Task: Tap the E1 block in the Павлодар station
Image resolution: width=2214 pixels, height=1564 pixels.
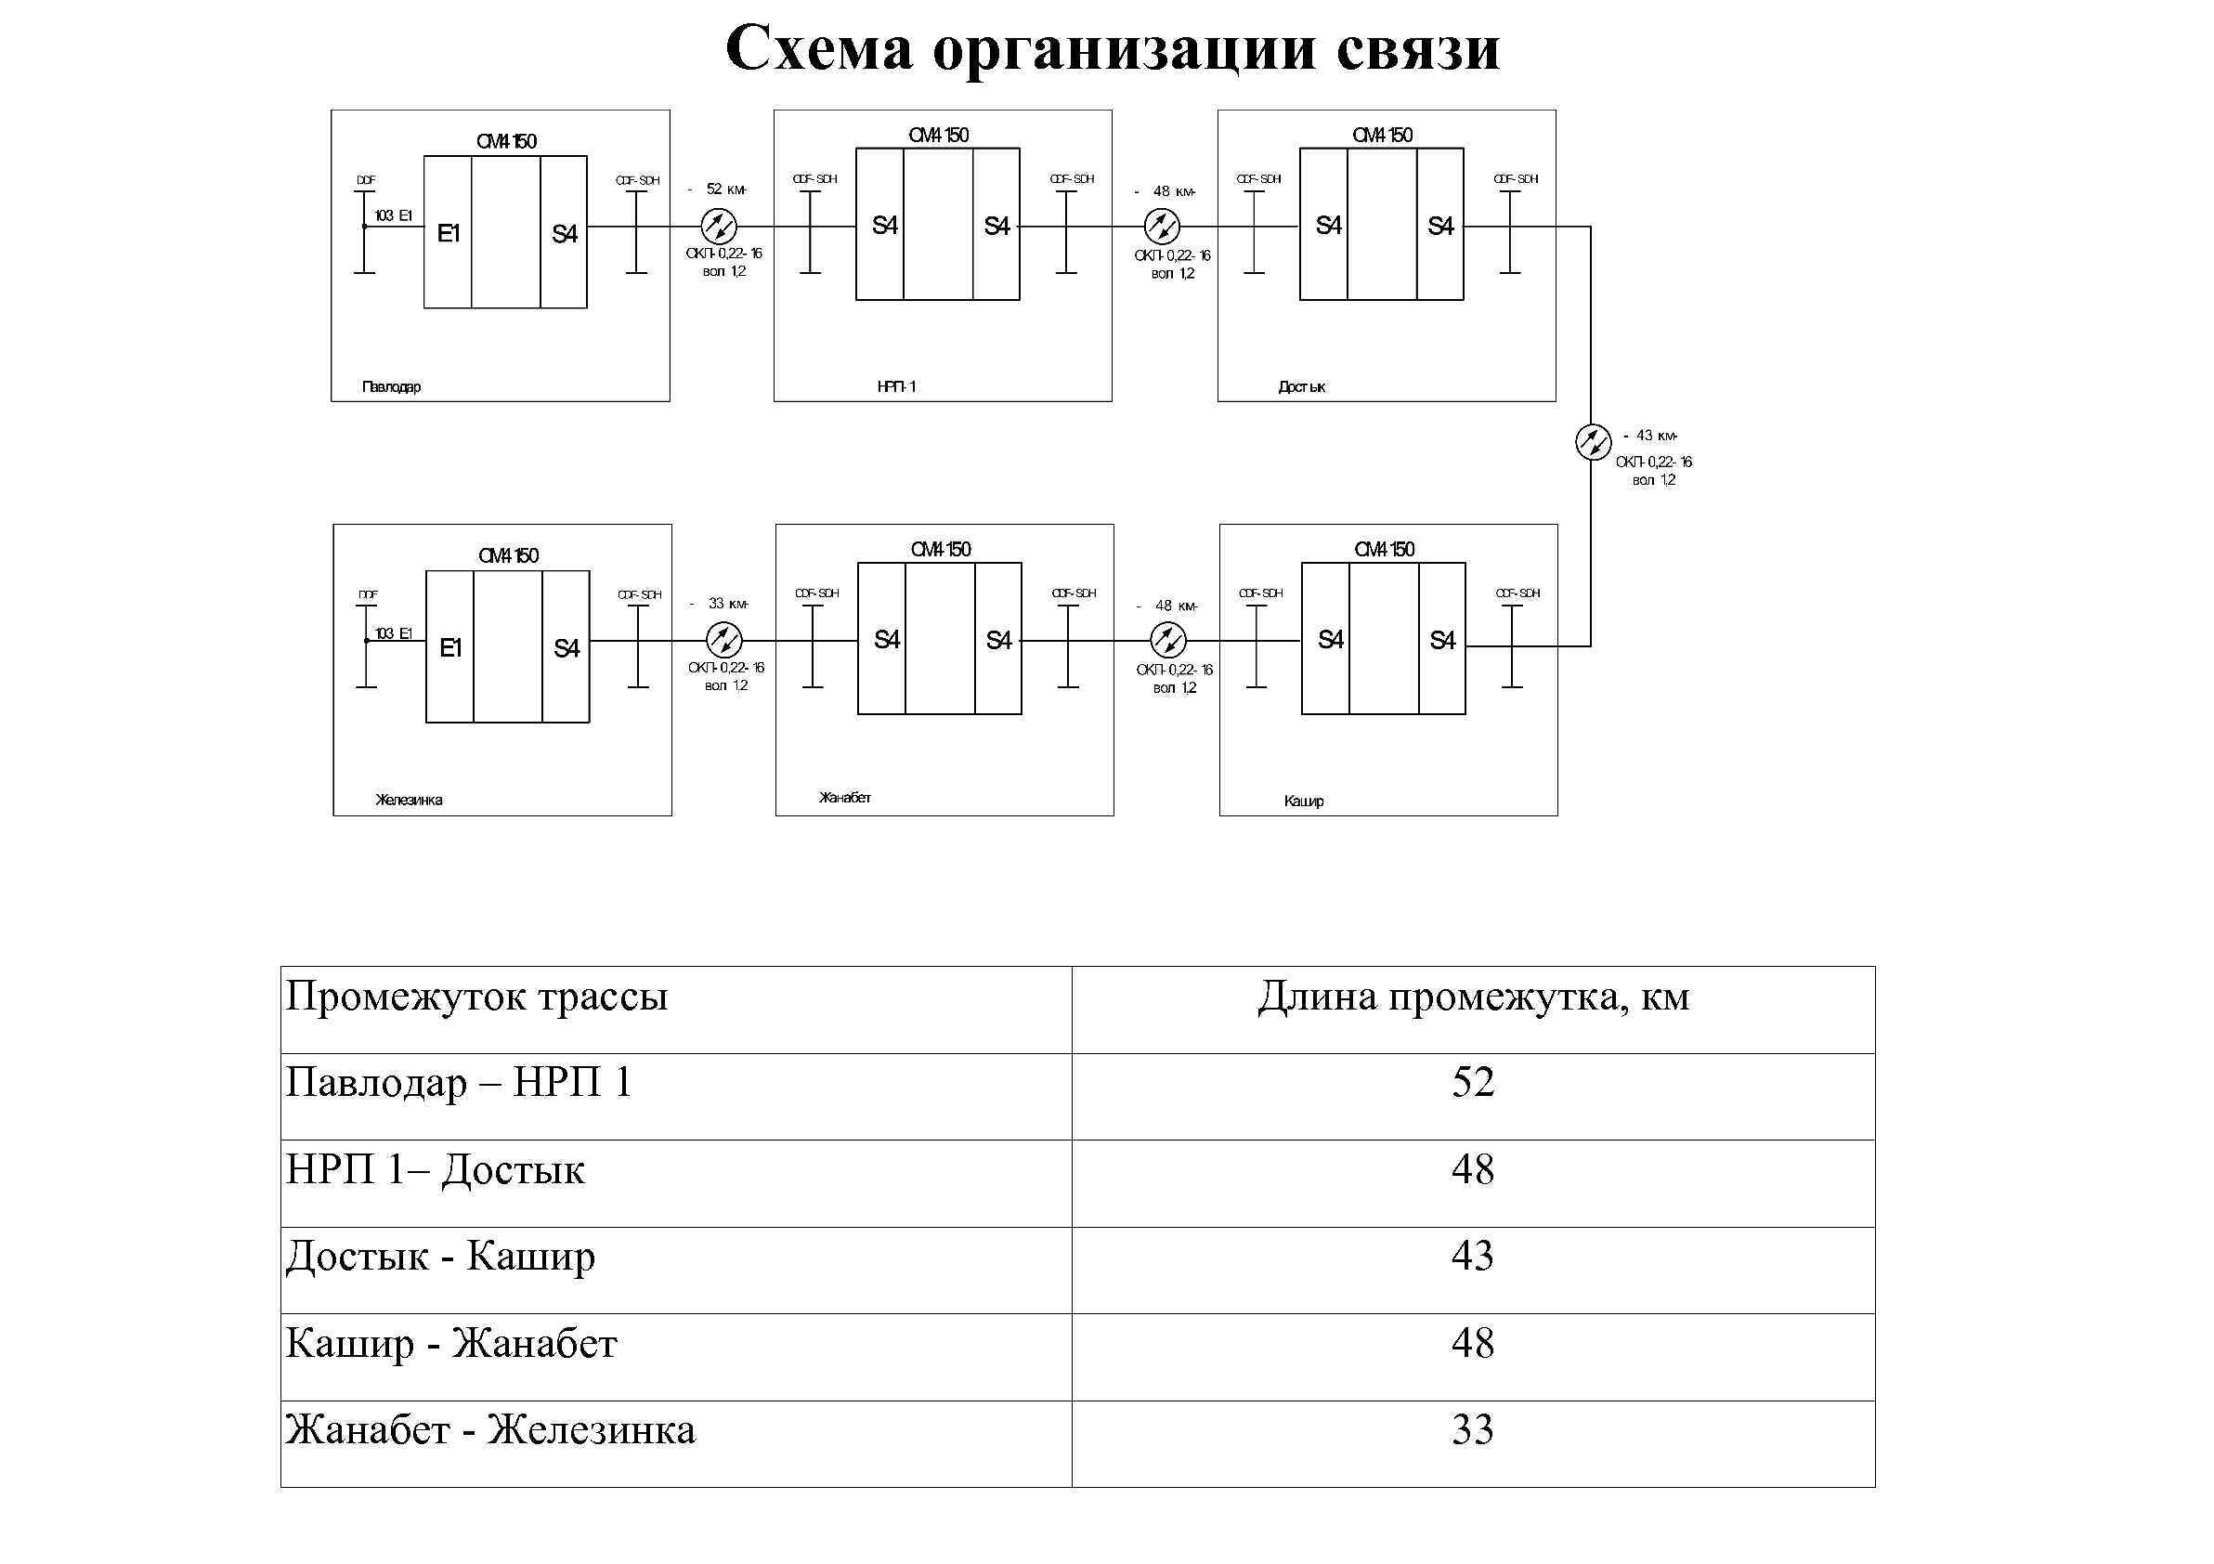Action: (x=449, y=233)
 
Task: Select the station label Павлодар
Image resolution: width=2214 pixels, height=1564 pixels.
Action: (x=391, y=386)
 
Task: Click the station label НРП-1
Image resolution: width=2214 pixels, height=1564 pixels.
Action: (x=896, y=386)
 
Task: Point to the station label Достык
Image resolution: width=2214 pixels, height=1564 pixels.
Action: (x=1302, y=386)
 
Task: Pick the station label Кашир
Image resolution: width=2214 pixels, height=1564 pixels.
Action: (x=1303, y=801)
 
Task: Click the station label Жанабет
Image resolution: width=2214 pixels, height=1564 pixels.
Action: (x=845, y=798)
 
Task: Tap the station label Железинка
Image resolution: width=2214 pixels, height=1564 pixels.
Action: (x=409, y=800)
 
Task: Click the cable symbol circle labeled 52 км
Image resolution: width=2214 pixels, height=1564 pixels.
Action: (x=720, y=227)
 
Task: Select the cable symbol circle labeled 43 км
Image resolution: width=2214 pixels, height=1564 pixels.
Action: (x=1592, y=442)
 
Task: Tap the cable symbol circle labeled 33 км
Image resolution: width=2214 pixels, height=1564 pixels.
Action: (x=723, y=640)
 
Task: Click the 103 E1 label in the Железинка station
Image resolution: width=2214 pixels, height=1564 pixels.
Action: (x=394, y=633)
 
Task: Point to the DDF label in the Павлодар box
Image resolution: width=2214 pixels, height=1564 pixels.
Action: (x=367, y=180)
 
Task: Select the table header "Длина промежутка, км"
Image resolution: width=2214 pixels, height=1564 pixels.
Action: (x=1473, y=996)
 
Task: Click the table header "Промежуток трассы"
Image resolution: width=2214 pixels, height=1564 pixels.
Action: (x=476, y=996)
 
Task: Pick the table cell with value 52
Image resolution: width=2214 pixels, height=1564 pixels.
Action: (x=1473, y=1082)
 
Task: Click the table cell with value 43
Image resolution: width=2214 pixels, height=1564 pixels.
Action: (x=1473, y=1256)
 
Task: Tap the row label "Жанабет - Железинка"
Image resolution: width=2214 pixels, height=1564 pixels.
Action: (x=489, y=1429)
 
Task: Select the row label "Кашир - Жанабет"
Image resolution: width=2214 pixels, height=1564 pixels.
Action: (x=451, y=1342)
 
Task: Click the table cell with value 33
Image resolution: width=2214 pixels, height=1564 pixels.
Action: (x=1473, y=1429)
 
